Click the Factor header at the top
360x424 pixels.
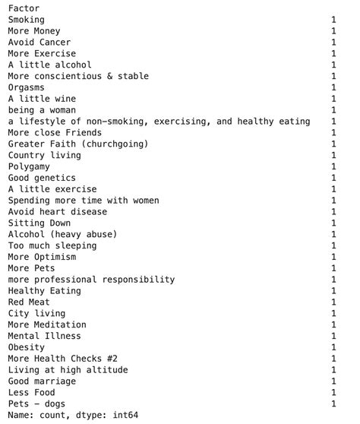click(x=24, y=8)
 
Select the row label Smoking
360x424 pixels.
click(x=27, y=20)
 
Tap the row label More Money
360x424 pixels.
click(x=34, y=31)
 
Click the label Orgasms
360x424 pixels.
click(x=27, y=87)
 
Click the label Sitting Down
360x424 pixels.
click(x=39, y=223)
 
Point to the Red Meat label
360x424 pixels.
click(x=30, y=302)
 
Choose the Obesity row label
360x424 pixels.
click(x=27, y=347)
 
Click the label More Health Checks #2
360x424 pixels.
click(x=63, y=359)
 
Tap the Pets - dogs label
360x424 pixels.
click(x=36, y=403)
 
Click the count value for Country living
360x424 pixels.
click(x=333, y=155)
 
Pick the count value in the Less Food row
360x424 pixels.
click(x=333, y=392)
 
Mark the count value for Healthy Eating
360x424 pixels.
click(x=333, y=291)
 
